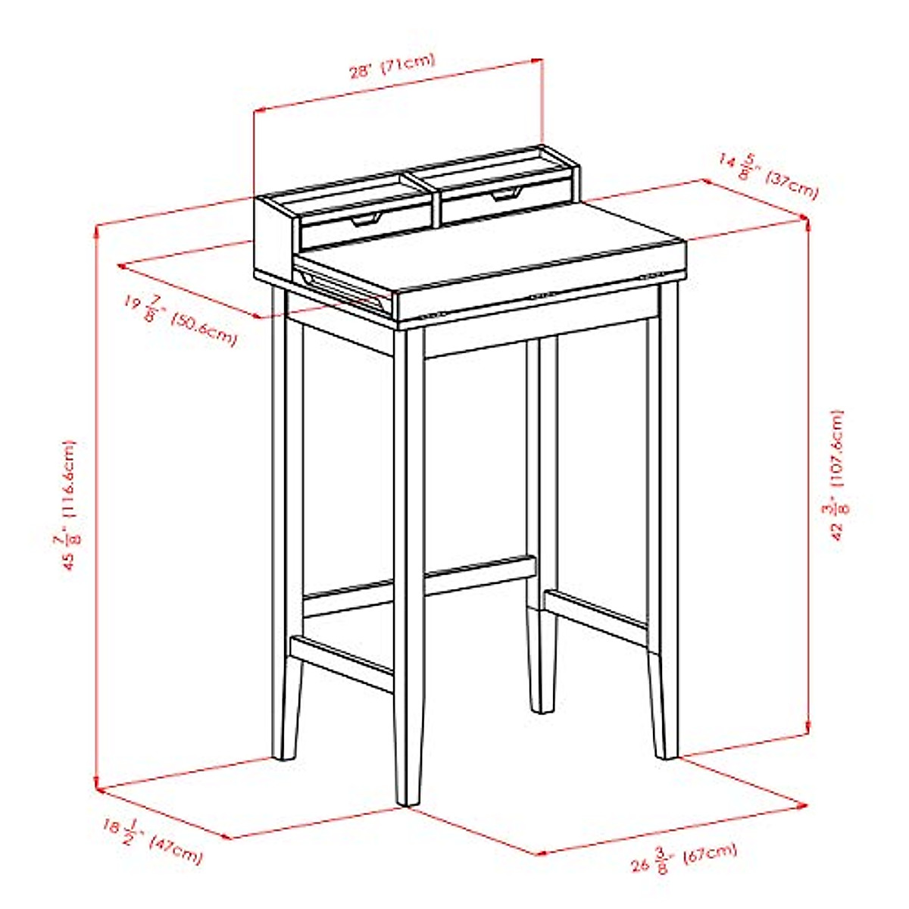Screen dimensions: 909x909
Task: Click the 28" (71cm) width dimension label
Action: [392, 66]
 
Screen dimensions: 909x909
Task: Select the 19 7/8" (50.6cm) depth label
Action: [180, 319]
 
